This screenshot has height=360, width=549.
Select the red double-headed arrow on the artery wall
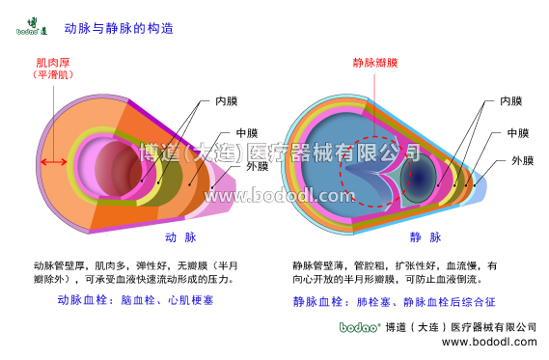coord(53,161)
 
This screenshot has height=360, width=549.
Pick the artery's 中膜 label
coord(247,134)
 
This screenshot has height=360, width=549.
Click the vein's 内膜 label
coord(510,100)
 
